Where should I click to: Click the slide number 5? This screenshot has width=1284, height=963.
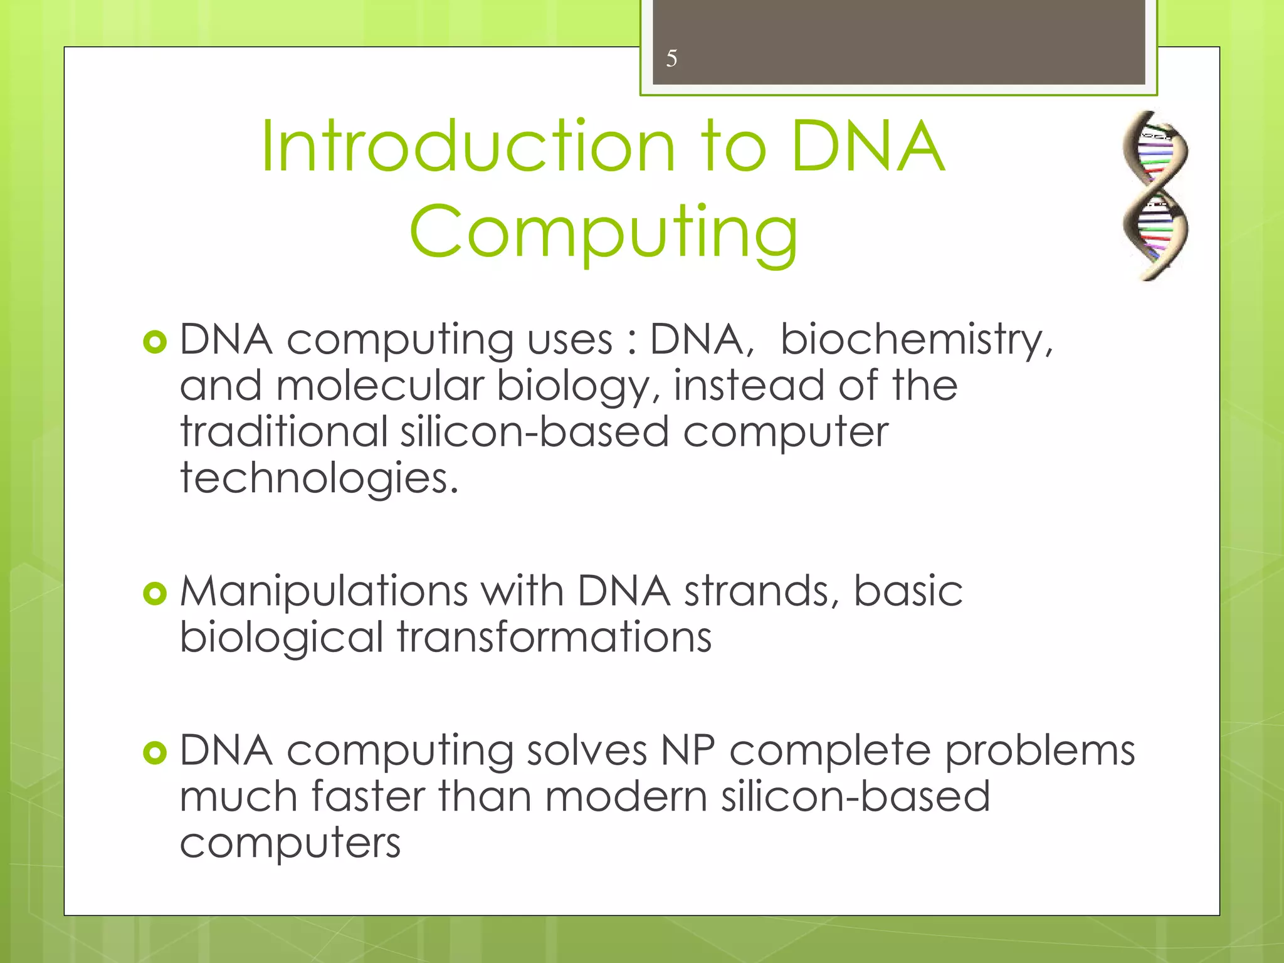point(671,59)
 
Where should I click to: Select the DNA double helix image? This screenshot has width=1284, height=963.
point(1154,196)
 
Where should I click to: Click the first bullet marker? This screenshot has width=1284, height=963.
point(155,342)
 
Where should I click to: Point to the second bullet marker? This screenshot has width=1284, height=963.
point(155,593)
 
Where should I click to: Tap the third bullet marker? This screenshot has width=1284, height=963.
point(155,752)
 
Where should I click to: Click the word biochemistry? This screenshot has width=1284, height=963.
point(916,340)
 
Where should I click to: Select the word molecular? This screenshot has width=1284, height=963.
point(380,386)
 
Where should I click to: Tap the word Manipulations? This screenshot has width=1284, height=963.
point(324,592)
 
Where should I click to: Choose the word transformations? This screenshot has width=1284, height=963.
point(554,638)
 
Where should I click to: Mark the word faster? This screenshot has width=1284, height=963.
point(368,797)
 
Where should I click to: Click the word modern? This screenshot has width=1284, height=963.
point(626,797)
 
